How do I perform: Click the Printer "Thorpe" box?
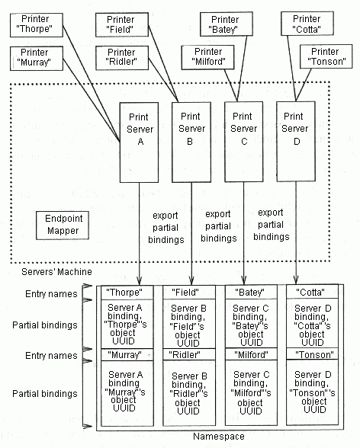click(37, 25)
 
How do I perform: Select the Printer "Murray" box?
click(37, 58)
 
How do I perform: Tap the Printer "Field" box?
click(122, 25)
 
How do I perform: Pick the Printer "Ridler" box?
click(122, 58)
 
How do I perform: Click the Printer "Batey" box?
click(227, 24)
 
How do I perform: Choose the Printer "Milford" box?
click(208, 57)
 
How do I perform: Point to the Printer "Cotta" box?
click(307, 24)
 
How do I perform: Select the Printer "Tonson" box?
click(326, 56)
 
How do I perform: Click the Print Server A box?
click(139, 142)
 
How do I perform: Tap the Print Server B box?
click(191, 142)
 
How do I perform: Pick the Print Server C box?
click(244, 142)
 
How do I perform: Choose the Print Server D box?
click(296, 141)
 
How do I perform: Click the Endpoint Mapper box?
click(63, 226)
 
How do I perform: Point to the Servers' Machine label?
click(56, 272)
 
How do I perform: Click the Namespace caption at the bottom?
click(219, 437)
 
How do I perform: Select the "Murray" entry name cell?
click(127, 354)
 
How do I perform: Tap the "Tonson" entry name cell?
click(312, 354)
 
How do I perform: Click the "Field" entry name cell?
click(189, 293)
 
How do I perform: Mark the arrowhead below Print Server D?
click(296, 279)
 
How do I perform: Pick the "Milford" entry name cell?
click(251, 354)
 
